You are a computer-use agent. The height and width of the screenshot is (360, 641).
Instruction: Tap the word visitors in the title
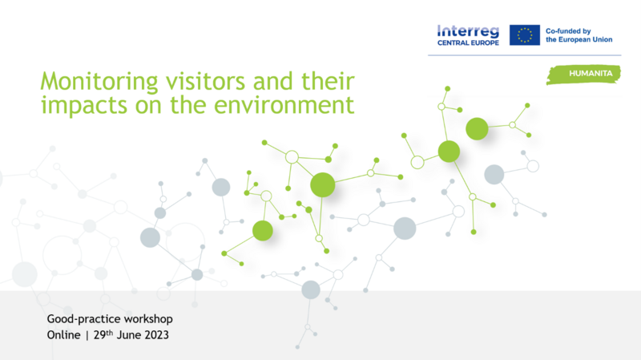point(205,81)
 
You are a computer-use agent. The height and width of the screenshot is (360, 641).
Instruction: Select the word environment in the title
point(284,105)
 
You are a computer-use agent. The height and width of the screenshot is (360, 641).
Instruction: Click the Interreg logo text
point(468,31)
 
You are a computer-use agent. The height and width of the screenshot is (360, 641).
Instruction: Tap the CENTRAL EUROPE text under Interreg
point(468,42)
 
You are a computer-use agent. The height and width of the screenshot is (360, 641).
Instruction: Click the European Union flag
point(525,34)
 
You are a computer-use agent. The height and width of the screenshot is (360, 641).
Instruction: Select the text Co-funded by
point(568,31)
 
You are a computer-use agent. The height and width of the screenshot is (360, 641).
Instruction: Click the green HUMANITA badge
point(584,74)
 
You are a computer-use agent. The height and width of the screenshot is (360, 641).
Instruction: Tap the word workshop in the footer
point(148,319)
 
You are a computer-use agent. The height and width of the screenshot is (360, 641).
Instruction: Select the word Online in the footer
point(64,335)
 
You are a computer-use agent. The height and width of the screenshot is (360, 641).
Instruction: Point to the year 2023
point(156,335)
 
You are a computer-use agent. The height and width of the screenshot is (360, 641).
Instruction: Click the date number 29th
point(103,334)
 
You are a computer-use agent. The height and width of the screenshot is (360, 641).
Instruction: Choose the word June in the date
point(129,335)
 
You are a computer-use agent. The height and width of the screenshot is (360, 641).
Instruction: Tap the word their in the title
point(328,81)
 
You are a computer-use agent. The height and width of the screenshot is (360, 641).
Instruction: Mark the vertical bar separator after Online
point(87,335)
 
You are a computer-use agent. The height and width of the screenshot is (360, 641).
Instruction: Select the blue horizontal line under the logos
point(525,55)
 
